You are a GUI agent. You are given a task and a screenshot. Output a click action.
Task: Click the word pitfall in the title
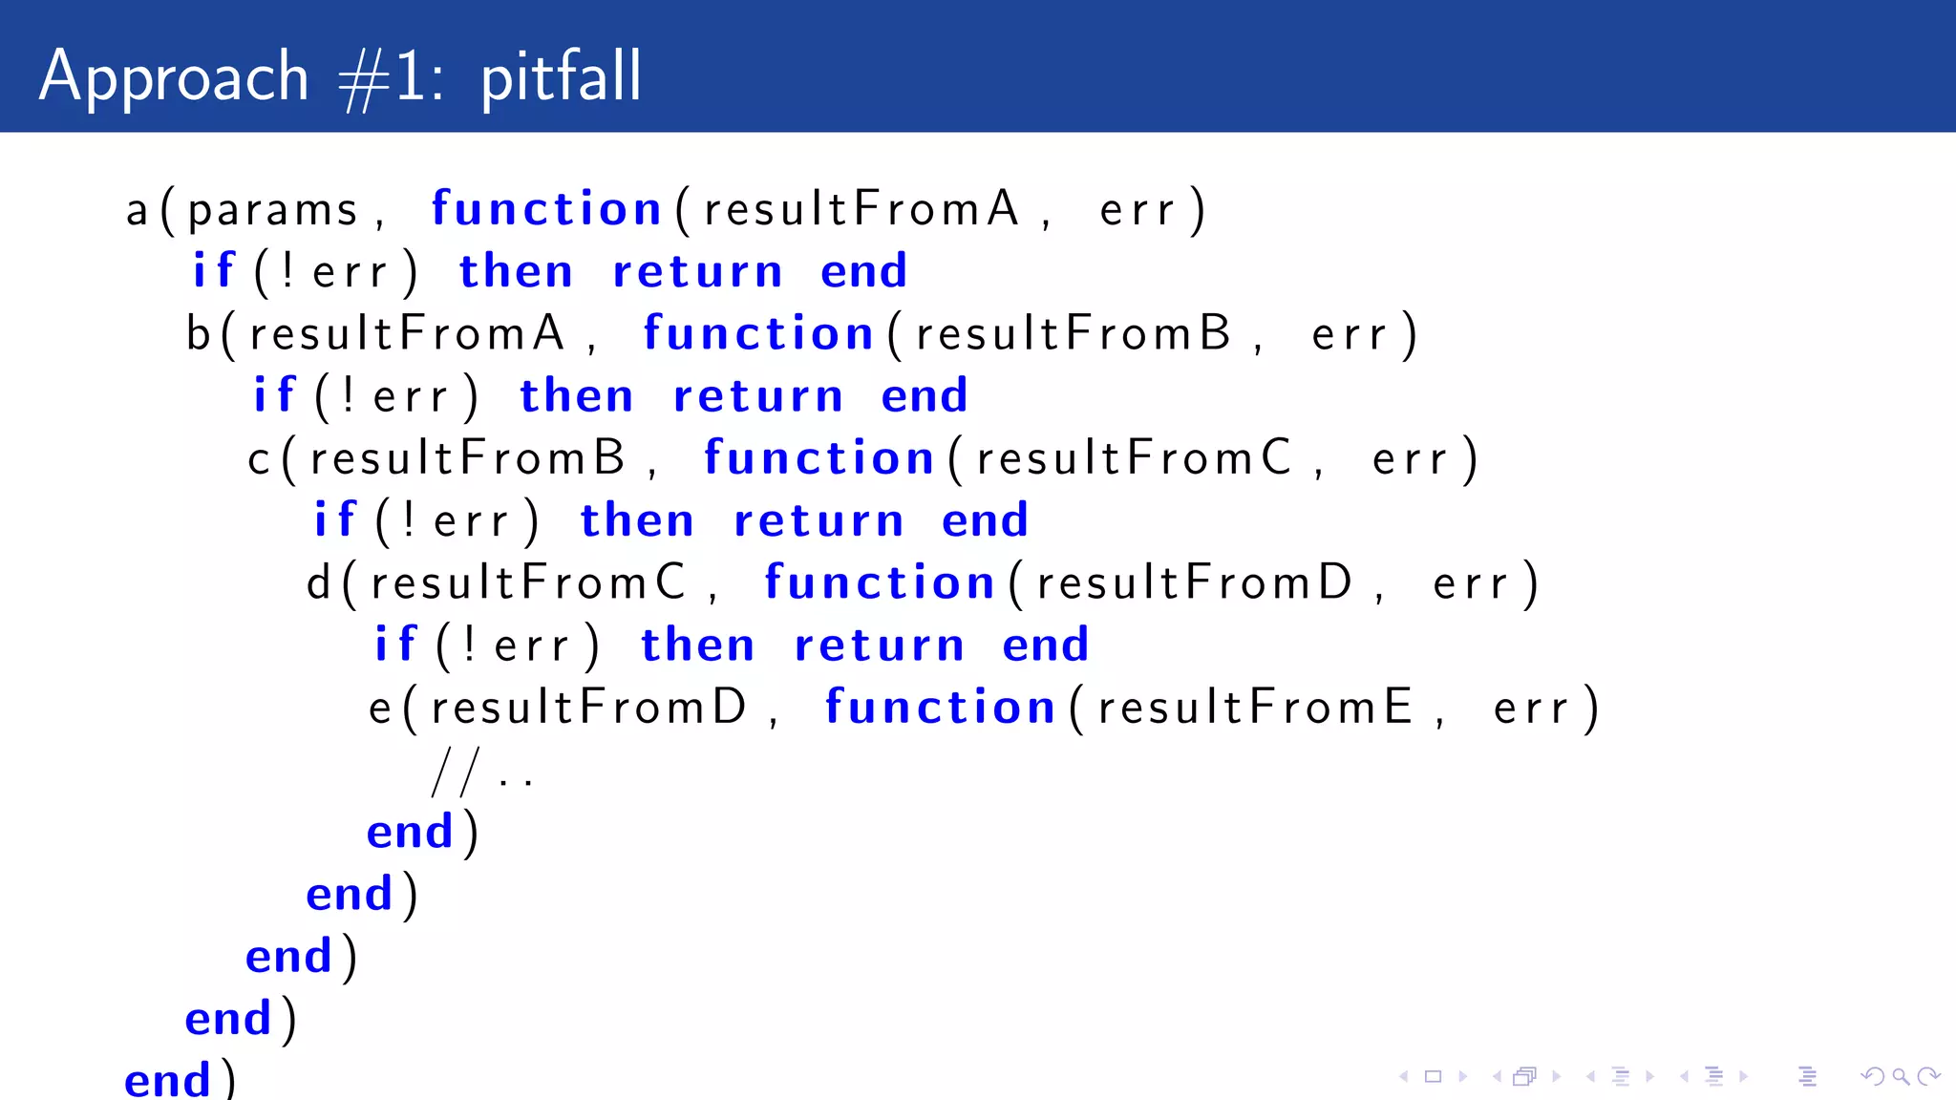click(x=561, y=76)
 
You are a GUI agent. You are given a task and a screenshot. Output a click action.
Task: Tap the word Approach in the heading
click(x=174, y=76)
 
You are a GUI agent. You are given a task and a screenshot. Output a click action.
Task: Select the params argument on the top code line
click(x=272, y=210)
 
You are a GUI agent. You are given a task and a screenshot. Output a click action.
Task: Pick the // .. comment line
click(x=482, y=772)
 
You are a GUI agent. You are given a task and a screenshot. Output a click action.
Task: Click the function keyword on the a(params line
click(x=546, y=209)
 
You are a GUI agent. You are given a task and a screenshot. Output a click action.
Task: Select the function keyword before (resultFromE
click(x=940, y=708)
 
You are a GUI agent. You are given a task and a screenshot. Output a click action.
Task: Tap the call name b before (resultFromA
click(x=198, y=333)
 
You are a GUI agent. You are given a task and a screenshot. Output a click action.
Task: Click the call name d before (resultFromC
click(x=319, y=582)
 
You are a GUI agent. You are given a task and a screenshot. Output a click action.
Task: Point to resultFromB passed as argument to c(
click(x=467, y=458)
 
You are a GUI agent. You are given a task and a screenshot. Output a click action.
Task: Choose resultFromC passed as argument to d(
click(x=527, y=582)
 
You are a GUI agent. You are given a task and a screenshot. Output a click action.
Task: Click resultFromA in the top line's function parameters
click(x=861, y=209)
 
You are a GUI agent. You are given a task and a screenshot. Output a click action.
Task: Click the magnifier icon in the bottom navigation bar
click(x=1901, y=1077)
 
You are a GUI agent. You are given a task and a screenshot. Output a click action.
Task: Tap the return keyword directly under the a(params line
click(x=697, y=272)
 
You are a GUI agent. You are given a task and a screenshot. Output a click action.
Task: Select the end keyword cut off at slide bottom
click(x=167, y=1080)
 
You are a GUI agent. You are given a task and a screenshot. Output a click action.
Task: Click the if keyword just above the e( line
click(x=395, y=645)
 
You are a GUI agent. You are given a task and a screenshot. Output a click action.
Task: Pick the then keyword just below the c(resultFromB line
click(x=636, y=521)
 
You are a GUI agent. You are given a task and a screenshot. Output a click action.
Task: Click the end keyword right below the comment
click(x=410, y=833)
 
